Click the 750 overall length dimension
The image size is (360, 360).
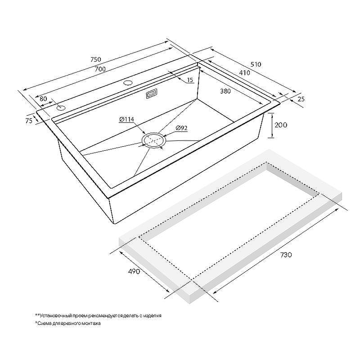[96, 59]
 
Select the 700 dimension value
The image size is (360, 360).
[100, 69]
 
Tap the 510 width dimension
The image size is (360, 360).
[256, 64]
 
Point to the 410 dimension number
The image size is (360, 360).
[244, 73]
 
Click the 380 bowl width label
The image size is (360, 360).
[225, 91]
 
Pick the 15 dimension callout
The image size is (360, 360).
[190, 80]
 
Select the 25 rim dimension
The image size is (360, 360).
[301, 99]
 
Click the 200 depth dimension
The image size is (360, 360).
[281, 125]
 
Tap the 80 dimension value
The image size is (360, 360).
[43, 99]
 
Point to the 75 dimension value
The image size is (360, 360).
[29, 121]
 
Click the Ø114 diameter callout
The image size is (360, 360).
[126, 119]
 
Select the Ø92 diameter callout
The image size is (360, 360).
[182, 128]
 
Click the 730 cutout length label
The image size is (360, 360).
[286, 255]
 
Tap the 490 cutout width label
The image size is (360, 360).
[134, 271]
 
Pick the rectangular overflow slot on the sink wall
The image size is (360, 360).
[152, 94]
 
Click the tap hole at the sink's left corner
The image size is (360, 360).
[61, 108]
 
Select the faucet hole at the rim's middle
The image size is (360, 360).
[128, 82]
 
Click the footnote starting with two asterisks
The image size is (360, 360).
[98, 316]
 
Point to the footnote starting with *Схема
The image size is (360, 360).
[68, 323]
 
